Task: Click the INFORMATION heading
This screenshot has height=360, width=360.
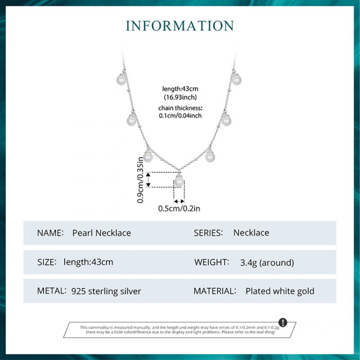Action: coord(179,26)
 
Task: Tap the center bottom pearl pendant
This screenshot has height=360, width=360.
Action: coord(179,181)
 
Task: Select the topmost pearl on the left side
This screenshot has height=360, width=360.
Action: coord(121,80)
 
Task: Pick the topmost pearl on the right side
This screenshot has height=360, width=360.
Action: coord(237,80)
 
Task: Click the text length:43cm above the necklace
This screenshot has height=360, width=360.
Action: coord(181,89)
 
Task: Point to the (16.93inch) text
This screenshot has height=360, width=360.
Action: coord(181,97)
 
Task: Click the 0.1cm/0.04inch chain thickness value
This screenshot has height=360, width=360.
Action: coord(180,116)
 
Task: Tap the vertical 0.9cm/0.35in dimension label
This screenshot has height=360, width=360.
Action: coord(140,181)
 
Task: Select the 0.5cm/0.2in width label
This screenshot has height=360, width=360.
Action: coord(179,208)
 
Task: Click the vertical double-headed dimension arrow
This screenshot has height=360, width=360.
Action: coord(149,179)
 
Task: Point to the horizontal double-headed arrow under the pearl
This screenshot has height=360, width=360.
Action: coord(179,201)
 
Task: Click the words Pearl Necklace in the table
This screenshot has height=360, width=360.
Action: coord(102,233)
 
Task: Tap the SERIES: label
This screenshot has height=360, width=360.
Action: coord(208,233)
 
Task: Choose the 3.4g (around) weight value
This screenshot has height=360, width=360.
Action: coord(267,262)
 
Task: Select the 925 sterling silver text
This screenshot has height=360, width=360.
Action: coord(106,291)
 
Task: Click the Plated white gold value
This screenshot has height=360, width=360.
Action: coord(280,291)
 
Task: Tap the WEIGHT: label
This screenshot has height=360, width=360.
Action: coord(212,262)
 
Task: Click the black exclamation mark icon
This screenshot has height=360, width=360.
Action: coord(283,322)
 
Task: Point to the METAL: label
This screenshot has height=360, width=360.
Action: coord(52,291)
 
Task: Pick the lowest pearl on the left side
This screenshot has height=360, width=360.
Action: coord(148,157)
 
